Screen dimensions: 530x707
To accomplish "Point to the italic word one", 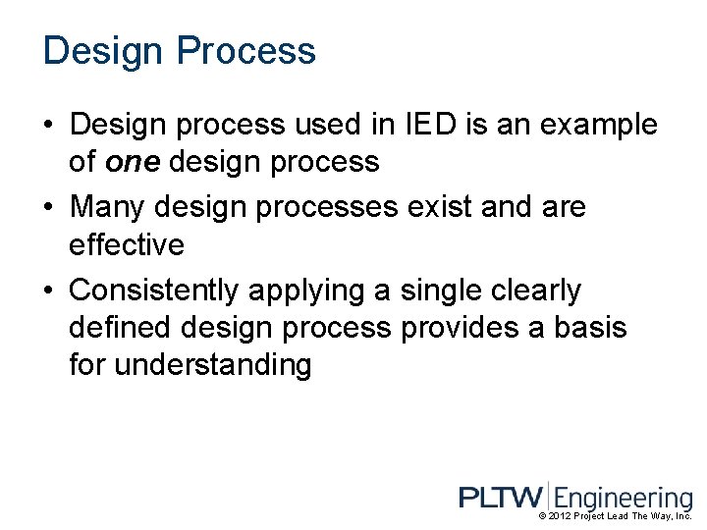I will (x=132, y=162).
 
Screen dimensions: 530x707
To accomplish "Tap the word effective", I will (x=127, y=244).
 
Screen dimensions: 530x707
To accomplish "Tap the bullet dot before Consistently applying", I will (x=49, y=291).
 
